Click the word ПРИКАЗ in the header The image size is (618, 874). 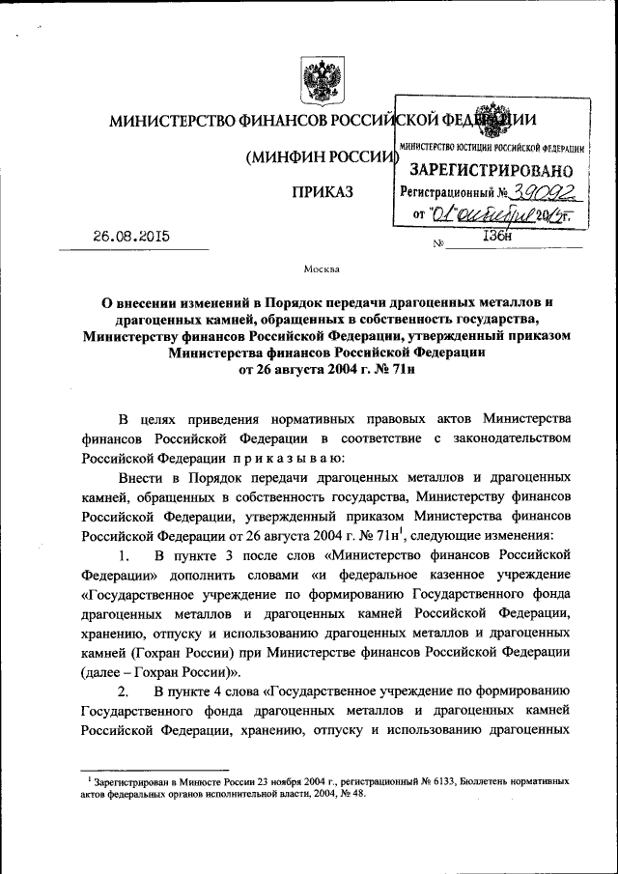pos(322,192)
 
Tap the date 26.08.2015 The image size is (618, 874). pos(129,235)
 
